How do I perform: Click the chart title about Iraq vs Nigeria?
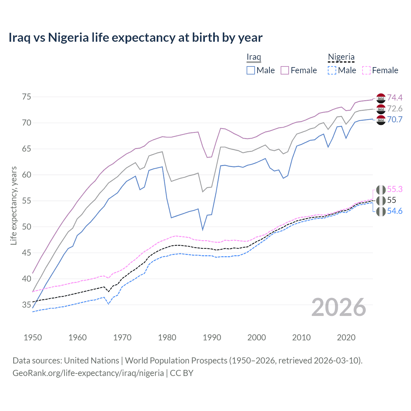point(135,38)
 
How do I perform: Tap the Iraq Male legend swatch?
point(251,70)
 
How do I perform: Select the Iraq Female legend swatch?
point(285,70)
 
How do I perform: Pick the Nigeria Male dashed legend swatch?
point(332,70)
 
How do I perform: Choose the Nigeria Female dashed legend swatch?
point(366,70)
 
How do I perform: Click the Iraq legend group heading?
point(254,57)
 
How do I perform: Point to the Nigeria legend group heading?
point(341,57)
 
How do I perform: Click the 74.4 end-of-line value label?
point(395,98)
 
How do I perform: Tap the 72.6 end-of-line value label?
point(395,109)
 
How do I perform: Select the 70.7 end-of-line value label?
point(395,119)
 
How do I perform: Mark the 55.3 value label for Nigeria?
point(395,189)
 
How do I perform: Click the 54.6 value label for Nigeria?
point(395,211)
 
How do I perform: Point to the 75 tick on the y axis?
point(26,97)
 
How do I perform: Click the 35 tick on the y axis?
point(26,305)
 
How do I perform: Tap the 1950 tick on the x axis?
point(33,337)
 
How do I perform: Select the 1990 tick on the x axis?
point(212,337)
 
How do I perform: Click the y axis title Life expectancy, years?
point(13,205)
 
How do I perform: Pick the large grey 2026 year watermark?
point(339,307)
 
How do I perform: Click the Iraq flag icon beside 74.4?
point(381,98)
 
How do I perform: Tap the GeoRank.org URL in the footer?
point(88,373)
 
